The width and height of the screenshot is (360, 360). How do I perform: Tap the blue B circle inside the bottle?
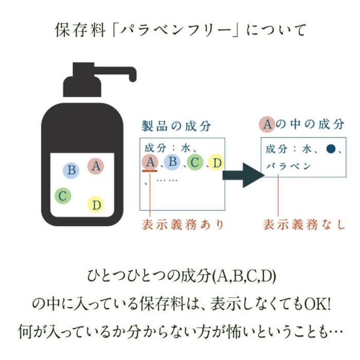click(x=72, y=170)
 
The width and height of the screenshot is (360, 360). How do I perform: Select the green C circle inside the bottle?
click(x=63, y=195)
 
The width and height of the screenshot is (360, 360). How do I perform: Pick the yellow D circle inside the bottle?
click(x=96, y=204)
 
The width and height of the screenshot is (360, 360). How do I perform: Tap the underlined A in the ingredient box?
click(x=150, y=163)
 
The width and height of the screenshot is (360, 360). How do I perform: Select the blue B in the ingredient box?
click(x=173, y=163)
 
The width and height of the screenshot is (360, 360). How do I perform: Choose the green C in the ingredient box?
click(x=194, y=163)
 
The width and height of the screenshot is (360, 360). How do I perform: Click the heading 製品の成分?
click(x=176, y=126)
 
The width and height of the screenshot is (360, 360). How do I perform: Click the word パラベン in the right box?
click(x=289, y=166)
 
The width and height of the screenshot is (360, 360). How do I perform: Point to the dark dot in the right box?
click(x=331, y=149)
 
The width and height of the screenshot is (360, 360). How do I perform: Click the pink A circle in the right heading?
click(x=267, y=124)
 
